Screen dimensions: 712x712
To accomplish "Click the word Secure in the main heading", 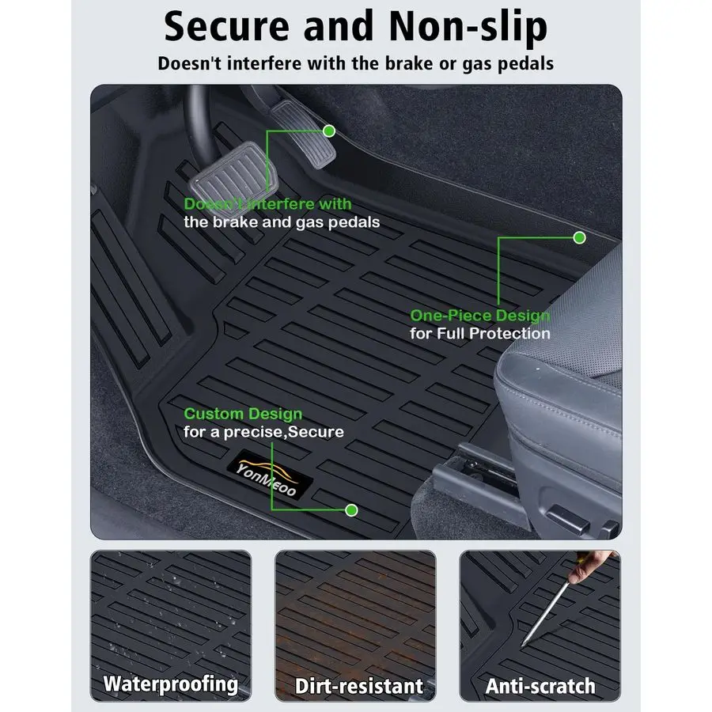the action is click(x=226, y=26).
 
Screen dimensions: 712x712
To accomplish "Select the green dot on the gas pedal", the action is click(x=329, y=131).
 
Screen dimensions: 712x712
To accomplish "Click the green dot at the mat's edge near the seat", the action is click(x=579, y=237).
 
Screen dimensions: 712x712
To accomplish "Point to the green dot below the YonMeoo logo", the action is click(x=351, y=510).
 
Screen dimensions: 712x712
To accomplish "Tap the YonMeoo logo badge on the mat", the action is click(x=270, y=475).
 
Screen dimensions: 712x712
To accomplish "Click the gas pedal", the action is click(x=303, y=134).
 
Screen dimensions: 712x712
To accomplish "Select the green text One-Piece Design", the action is click(x=480, y=316).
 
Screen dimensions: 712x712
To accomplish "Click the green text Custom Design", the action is click(x=243, y=414).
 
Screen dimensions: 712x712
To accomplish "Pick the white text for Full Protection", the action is click(x=480, y=334).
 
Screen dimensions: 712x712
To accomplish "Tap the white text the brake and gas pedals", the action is click(x=282, y=222).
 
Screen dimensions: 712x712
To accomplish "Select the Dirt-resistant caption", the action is click(x=359, y=686).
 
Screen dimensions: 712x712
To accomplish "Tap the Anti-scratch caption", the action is click(x=540, y=686).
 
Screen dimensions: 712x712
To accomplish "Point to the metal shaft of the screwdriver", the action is click(x=545, y=614).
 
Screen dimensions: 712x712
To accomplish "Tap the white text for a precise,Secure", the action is click(x=263, y=432).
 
